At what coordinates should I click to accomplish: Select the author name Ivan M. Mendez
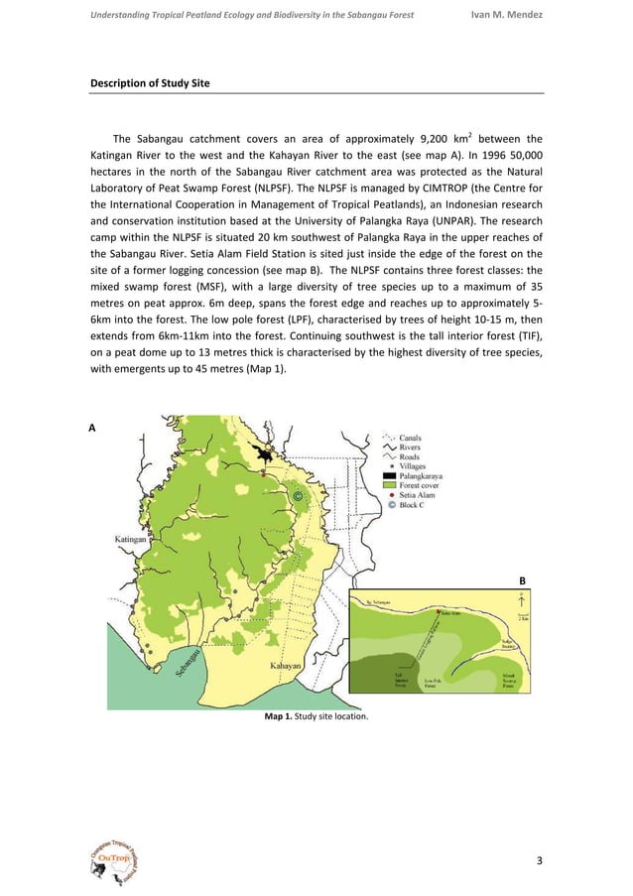pyautogui.click(x=504, y=14)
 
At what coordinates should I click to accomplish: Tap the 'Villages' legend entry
pyautogui.click(x=417, y=465)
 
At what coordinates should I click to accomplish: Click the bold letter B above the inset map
pyautogui.click(x=522, y=578)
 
